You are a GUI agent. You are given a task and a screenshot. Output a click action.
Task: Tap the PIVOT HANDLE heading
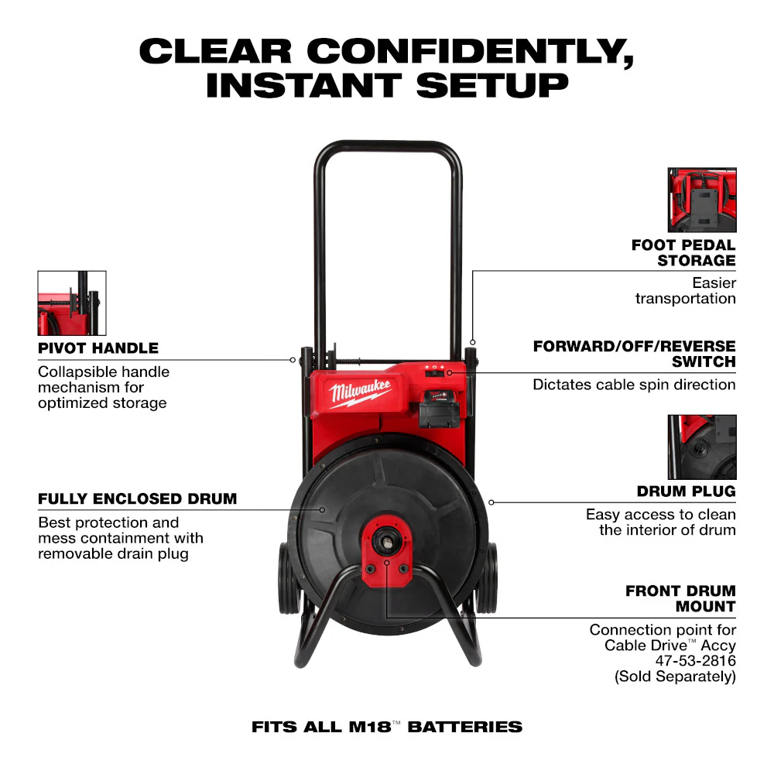[x=98, y=348]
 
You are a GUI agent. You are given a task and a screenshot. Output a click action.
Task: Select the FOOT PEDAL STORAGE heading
[x=683, y=252]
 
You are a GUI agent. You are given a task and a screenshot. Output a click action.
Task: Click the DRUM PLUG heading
[x=686, y=491]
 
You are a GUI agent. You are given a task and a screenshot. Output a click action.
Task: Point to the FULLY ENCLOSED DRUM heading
[x=138, y=498]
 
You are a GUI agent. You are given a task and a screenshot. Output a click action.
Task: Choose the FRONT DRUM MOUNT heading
[x=680, y=598]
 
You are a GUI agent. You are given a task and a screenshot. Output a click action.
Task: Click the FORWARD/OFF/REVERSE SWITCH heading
[x=634, y=353]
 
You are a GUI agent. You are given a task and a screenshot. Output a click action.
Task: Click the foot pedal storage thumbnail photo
[x=702, y=200]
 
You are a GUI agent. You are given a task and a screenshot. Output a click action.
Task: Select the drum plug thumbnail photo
[x=702, y=447]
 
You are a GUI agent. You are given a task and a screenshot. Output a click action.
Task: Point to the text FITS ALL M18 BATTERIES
[x=387, y=727]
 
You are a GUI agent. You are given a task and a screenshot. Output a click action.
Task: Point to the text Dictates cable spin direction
[x=634, y=384]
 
